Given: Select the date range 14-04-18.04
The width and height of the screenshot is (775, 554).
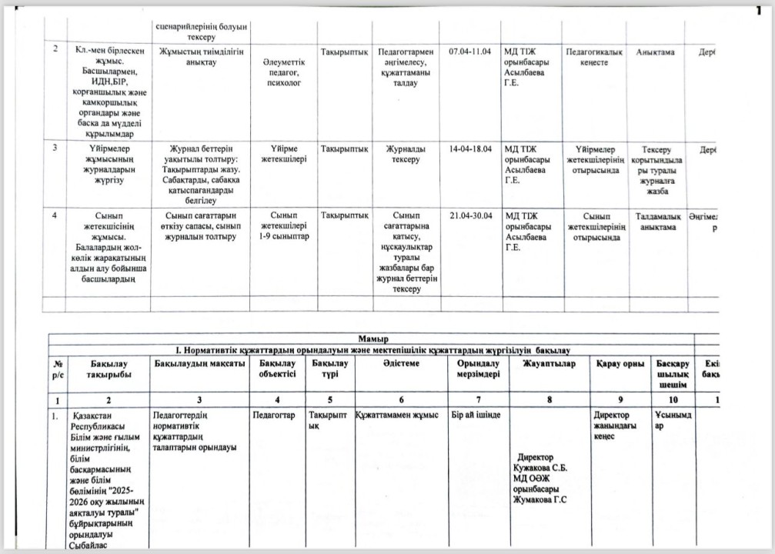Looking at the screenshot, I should coord(469,149).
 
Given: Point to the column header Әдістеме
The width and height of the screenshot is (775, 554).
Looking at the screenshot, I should coord(399,363).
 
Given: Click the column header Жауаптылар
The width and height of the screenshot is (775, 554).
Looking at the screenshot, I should coord(548,363).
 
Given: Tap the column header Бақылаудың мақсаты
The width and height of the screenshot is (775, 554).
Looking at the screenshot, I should coord(200,363).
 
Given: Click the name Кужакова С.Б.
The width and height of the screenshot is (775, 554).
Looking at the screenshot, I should coord(540,467).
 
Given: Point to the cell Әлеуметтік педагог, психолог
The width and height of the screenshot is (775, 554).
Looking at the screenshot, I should coord(285,71).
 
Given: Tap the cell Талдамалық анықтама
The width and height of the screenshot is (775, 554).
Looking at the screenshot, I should coord(655,221).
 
